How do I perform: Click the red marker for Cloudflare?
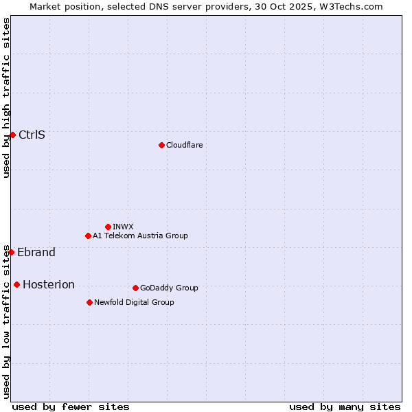(161, 145)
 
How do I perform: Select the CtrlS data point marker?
(12, 135)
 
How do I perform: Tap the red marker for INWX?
(108, 227)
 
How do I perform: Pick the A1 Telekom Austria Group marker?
(88, 236)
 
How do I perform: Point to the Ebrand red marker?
(11, 252)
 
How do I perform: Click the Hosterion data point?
(16, 284)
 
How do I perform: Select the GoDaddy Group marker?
(135, 288)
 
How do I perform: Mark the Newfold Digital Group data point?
(89, 302)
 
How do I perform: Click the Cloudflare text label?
(184, 145)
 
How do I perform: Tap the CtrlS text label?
(32, 135)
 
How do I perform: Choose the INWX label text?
(123, 227)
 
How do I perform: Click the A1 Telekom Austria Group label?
(140, 236)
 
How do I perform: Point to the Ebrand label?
(36, 252)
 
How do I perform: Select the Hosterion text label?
(49, 284)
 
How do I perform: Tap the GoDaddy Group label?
(169, 288)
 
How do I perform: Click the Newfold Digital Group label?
(134, 302)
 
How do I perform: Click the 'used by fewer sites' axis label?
(71, 407)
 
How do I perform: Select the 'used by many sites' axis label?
(345, 407)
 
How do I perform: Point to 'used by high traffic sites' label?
(6, 98)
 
